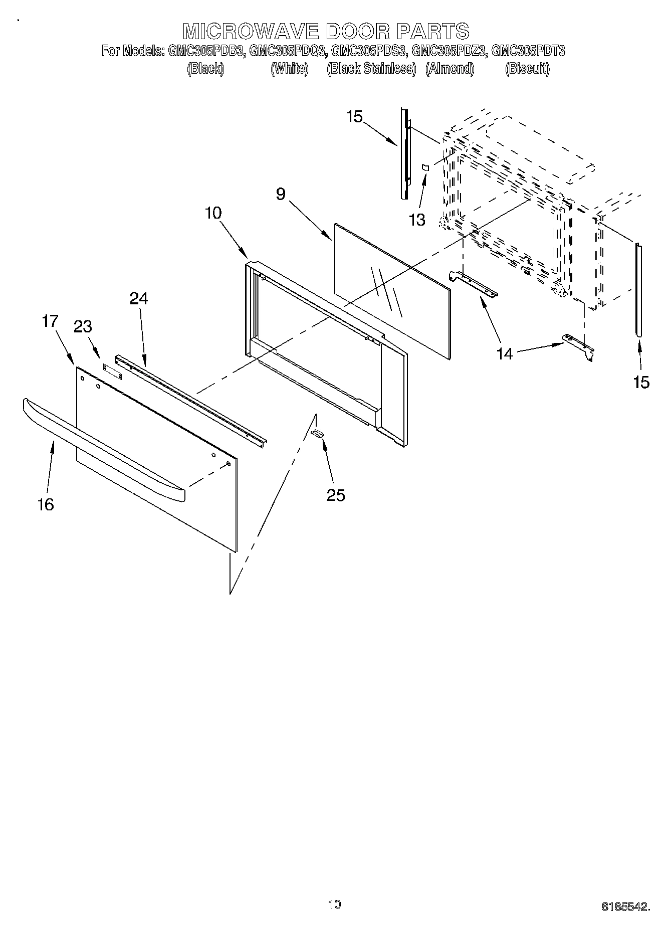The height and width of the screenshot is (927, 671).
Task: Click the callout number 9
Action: point(281,194)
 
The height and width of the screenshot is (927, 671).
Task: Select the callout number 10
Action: point(213,213)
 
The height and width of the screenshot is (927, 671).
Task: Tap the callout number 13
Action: point(417,220)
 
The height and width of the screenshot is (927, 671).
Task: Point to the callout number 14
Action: point(505,354)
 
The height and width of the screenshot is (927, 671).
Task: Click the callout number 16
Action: point(46,504)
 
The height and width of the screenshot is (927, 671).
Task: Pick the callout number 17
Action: point(51,321)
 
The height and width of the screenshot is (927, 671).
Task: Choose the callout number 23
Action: point(83,327)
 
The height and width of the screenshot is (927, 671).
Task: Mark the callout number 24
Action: point(139,299)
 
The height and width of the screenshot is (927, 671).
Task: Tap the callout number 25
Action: point(336,495)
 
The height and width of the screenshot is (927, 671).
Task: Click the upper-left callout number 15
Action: point(354,117)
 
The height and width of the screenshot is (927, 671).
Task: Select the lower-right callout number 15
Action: point(641,383)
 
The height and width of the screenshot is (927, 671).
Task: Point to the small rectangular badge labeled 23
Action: point(113,370)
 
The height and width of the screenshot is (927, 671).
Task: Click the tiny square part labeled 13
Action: point(425,167)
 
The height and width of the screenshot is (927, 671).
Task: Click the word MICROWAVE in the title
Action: point(251,31)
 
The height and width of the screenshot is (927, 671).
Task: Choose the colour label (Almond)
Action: point(450,69)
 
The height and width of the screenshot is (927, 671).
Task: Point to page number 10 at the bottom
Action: point(334,905)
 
